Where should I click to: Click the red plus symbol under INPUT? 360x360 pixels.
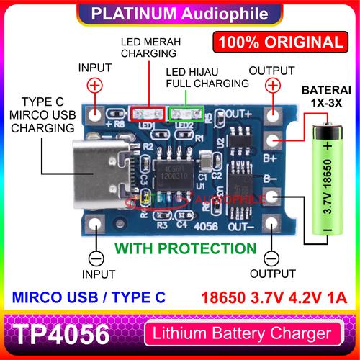coord(94,86)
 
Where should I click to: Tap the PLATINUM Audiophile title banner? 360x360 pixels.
coord(179,13)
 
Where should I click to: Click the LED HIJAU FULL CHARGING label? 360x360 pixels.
coord(208,78)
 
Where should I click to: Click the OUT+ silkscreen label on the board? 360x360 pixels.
coord(238,114)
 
